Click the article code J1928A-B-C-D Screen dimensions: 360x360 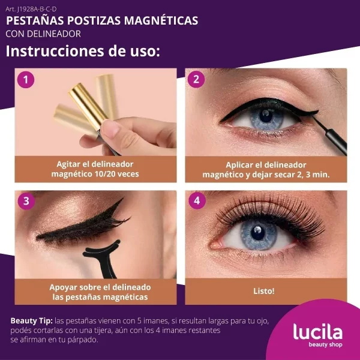click(31, 9)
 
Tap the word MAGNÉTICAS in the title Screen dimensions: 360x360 click(161, 20)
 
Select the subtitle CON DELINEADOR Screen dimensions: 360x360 click(43, 34)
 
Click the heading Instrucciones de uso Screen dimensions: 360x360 click(83, 51)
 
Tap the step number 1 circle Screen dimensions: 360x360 click(26, 80)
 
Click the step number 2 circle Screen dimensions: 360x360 click(196, 79)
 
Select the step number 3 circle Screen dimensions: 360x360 click(26, 201)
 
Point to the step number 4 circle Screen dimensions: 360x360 click(197, 200)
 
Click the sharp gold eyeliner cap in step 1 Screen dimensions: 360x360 click(88, 106)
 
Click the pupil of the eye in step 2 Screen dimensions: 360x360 click(266, 116)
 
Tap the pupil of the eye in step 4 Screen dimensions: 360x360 click(258, 233)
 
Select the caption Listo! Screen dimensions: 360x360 click(264, 291)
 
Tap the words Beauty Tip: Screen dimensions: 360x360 click(32, 321)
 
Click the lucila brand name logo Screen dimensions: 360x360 click(318, 332)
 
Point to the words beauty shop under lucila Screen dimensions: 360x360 click(325, 344)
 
